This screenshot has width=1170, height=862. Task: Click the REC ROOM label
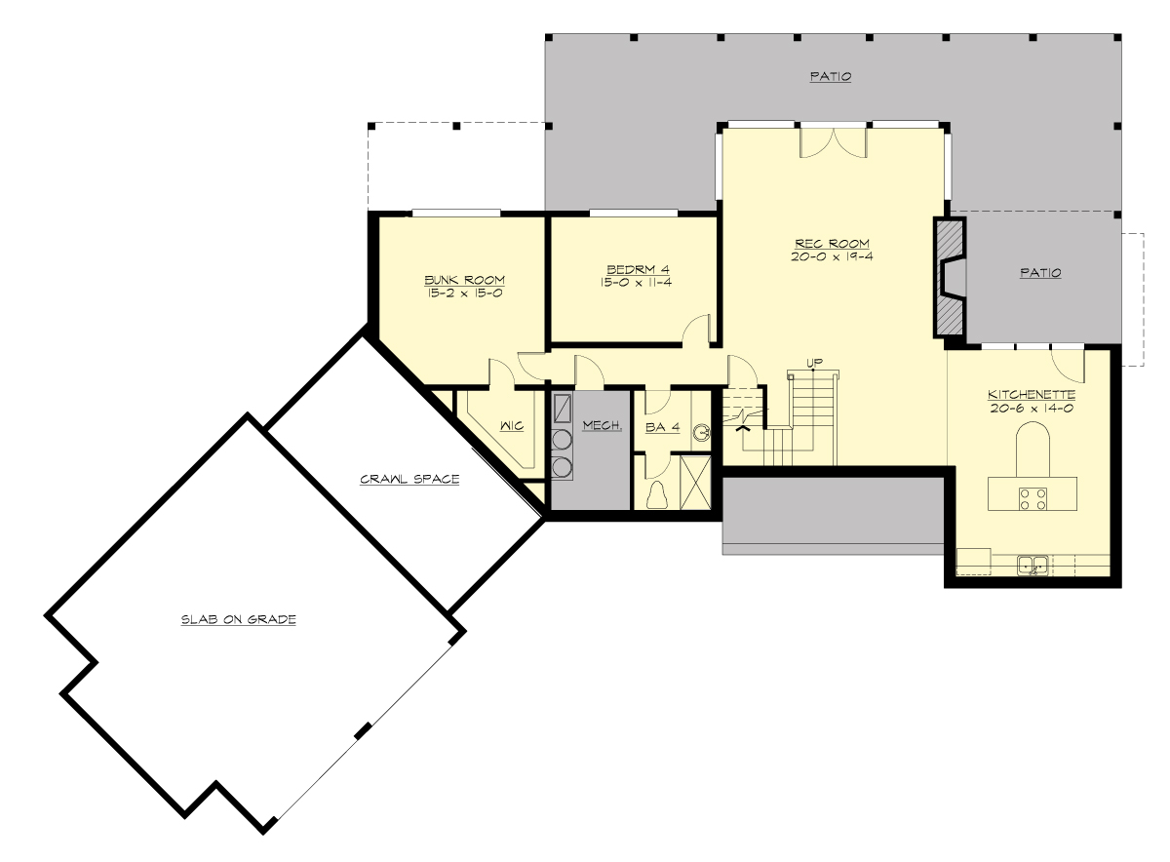click(832, 243)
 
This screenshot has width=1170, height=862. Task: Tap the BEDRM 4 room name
click(638, 269)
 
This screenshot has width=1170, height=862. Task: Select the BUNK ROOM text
click(464, 280)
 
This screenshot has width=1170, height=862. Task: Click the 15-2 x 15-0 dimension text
click(464, 293)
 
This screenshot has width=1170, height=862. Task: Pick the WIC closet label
click(513, 426)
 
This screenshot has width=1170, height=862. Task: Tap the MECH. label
click(603, 425)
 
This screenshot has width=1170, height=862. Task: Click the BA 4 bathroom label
click(662, 426)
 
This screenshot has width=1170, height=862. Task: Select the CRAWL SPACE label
click(409, 479)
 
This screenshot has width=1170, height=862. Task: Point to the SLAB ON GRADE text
click(238, 619)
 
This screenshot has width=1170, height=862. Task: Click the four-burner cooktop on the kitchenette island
click(1033, 499)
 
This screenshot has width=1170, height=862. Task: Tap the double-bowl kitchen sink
click(1033, 564)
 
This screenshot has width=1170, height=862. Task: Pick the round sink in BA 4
click(702, 432)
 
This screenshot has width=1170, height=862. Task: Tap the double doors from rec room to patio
click(833, 141)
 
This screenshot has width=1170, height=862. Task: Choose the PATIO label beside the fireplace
click(1040, 273)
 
